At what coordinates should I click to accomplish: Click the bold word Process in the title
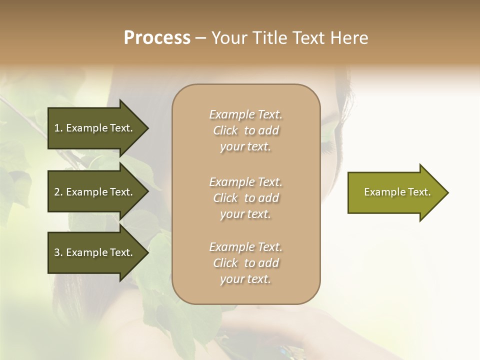click(x=157, y=38)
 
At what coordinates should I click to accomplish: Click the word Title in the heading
click(x=267, y=38)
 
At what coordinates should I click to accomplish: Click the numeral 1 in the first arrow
click(x=56, y=128)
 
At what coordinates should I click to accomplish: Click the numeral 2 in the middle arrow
click(x=57, y=192)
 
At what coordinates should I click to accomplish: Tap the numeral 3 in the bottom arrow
click(x=57, y=252)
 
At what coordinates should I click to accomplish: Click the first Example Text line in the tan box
click(x=245, y=114)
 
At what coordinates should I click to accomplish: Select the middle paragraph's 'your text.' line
click(x=245, y=214)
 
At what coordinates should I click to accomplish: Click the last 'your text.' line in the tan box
click(x=245, y=279)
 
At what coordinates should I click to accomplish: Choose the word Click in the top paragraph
click(x=225, y=130)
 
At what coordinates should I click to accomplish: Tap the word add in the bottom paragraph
click(x=268, y=263)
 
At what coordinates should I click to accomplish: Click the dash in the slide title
click(x=200, y=38)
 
